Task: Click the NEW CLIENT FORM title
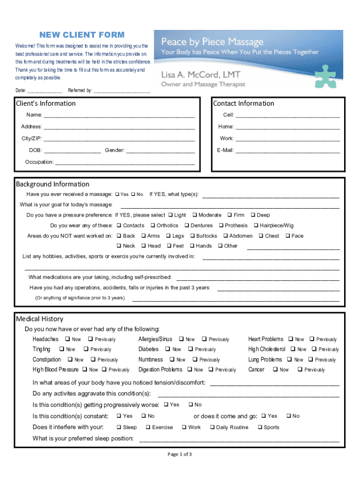pos(82,35)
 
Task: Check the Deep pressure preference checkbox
pos(253,215)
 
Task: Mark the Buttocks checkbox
pos(192,236)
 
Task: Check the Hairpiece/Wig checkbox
pos(256,225)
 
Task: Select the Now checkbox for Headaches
pos(67,339)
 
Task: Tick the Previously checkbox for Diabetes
pos(191,349)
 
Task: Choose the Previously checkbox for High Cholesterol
pos(314,349)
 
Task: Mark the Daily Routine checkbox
pos(212,428)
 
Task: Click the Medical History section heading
pos(40,319)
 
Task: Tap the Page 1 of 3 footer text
pos(180,454)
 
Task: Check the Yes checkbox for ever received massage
pos(117,195)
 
